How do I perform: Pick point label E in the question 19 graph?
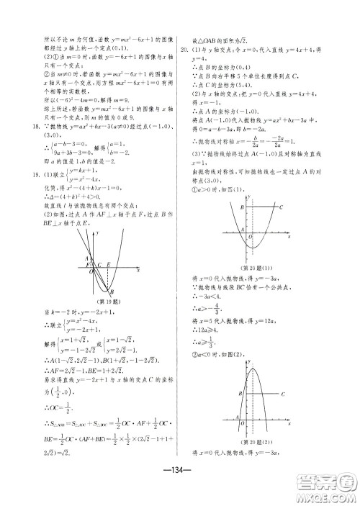pos(109,264)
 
